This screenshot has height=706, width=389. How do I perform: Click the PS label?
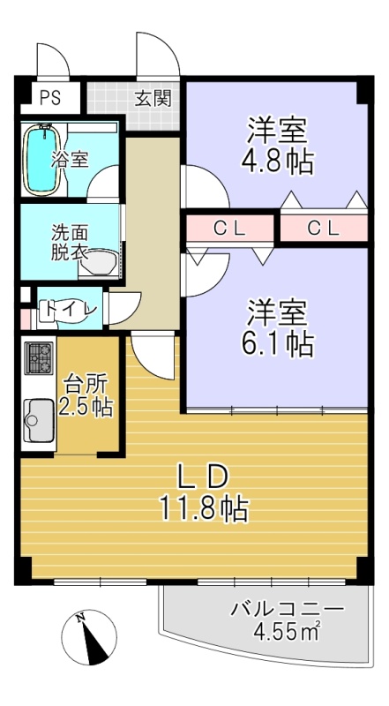pos(50,98)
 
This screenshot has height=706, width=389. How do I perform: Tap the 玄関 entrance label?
pos(153,99)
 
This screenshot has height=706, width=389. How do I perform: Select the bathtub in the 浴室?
pos(42,160)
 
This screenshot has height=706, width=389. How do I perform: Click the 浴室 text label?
pos(70,160)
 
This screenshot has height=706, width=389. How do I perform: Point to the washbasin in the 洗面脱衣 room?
pos(100,264)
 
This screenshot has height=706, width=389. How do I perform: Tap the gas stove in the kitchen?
pos(39,358)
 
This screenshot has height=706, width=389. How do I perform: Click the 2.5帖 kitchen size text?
pos(85,408)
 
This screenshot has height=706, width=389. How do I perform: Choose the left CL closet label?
pos(229,229)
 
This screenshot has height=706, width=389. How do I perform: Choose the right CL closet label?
pos(323,229)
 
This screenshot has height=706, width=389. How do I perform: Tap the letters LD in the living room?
pos(202,477)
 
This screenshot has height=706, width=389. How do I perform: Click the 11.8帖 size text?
pos(203,509)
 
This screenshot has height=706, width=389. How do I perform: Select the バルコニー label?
pos(287,609)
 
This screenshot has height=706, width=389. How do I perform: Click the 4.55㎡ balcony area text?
pos(287,632)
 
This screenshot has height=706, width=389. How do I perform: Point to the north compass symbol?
pos(89,637)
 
